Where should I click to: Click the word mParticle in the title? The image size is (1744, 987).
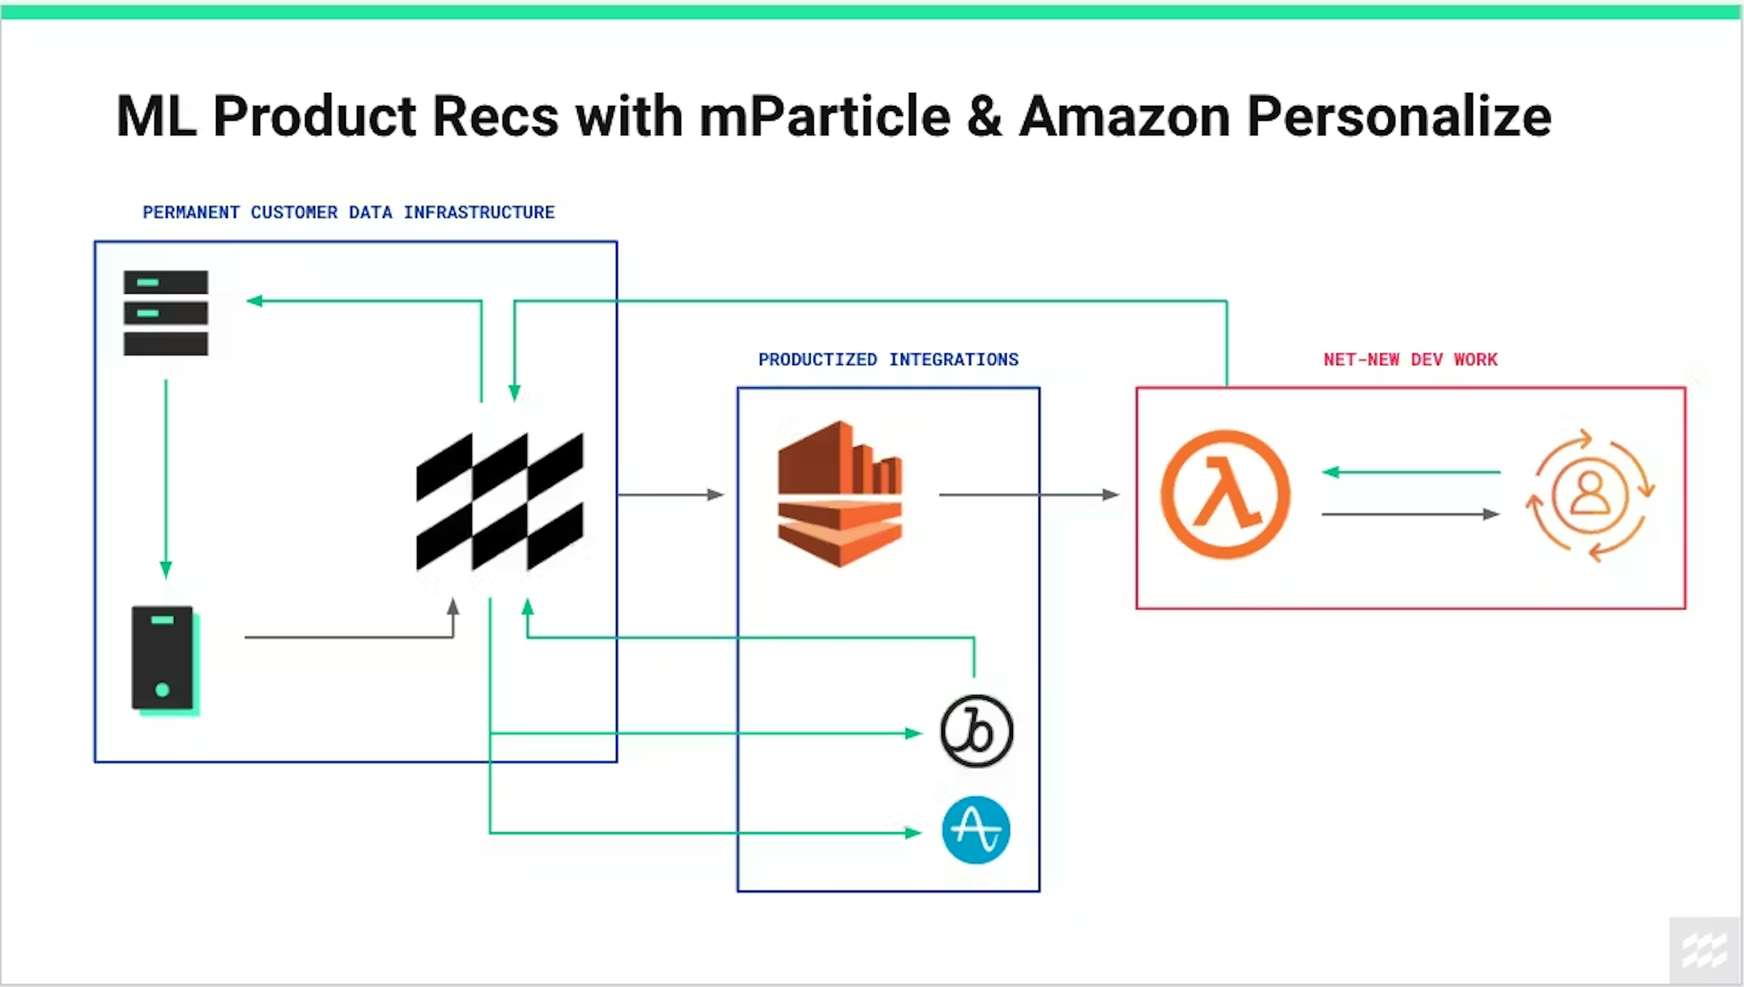[824, 117]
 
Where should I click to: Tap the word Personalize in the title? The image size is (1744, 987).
[1399, 117]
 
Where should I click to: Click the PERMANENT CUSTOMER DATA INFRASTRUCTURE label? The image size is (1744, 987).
[349, 212]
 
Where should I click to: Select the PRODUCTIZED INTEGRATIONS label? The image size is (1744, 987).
[888, 359]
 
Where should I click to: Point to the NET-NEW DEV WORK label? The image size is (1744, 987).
[1410, 359]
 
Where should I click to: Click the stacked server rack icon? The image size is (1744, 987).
[165, 313]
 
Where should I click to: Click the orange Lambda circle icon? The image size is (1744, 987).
[1225, 494]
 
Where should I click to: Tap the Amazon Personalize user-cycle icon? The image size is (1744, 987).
[1590, 495]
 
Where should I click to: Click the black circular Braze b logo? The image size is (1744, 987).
[976, 731]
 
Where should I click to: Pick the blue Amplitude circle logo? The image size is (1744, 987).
[976, 830]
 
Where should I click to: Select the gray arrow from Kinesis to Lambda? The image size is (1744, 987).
[1028, 495]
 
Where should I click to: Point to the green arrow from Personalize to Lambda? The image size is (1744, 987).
[1411, 472]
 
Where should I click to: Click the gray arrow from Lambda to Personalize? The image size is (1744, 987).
[1411, 515]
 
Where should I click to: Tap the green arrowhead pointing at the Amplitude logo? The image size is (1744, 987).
[913, 832]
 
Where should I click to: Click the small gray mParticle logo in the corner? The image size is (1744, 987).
[1704, 950]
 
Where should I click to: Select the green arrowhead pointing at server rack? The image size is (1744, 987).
[255, 300]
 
